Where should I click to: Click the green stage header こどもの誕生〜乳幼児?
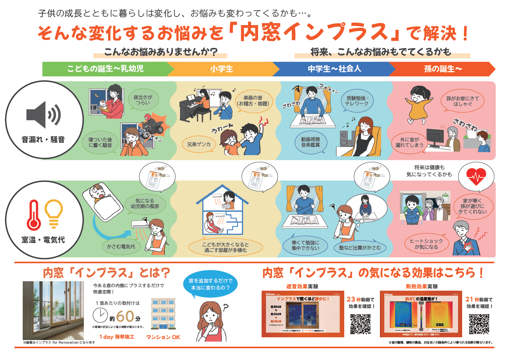click(105, 69)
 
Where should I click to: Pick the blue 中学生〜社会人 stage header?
click(334, 69)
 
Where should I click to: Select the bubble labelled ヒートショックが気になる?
click(426, 244)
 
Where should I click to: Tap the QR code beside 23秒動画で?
click(360, 324)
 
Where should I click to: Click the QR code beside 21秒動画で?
click(479, 324)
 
